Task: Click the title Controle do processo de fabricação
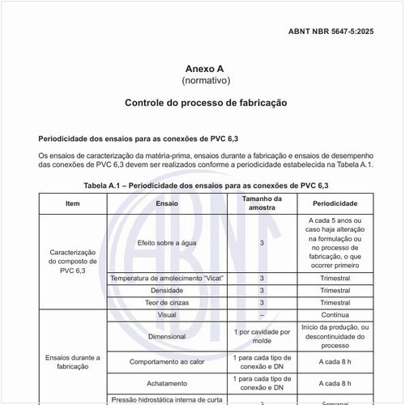click(206, 104)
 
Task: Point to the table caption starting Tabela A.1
click(206, 185)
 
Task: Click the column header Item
click(73, 203)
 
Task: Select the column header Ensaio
click(167, 203)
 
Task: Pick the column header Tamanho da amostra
click(262, 203)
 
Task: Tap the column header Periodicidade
click(335, 203)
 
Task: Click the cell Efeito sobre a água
click(167, 242)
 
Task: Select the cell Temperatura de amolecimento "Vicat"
click(167, 278)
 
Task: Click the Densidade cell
click(167, 290)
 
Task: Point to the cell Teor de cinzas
click(167, 302)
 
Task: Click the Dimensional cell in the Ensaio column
click(167, 336)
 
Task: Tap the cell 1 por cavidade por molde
click(262, 336)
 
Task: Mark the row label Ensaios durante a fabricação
click(73, 361)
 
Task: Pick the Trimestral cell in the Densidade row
click(335, 290)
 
